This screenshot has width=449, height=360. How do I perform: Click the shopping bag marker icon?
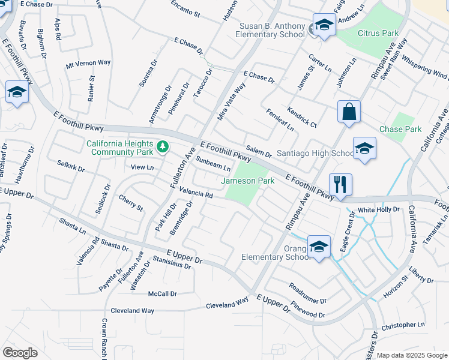(349, 112)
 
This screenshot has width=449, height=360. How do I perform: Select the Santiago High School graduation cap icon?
(364, 149)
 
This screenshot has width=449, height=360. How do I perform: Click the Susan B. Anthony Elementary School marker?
(324, 25)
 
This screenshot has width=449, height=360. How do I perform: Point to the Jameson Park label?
(248, 181)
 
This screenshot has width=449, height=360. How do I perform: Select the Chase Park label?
(400, 129)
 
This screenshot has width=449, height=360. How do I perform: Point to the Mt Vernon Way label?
(88, 62)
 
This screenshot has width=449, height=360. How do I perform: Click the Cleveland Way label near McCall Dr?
(132, 311)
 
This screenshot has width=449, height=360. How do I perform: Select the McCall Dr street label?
(163, 293)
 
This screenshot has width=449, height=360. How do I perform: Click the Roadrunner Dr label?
(307, 293)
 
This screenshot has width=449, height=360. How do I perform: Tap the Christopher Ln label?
(402, 325)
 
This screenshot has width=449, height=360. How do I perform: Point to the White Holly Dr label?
(379, 210)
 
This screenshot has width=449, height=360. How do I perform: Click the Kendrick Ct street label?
(302, 118)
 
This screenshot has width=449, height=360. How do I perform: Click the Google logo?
(20, 353)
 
